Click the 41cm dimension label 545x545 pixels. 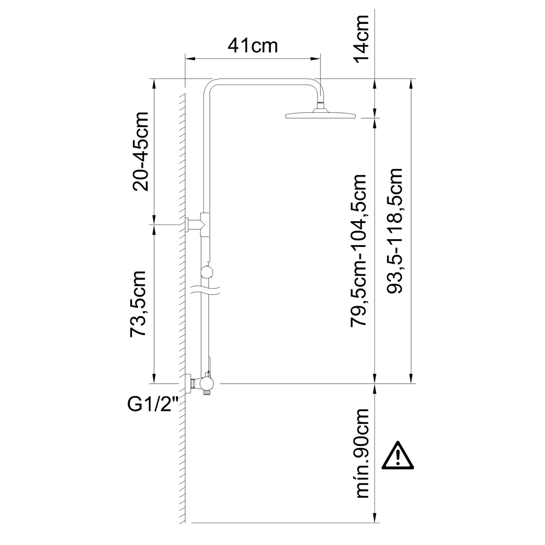(253, 46)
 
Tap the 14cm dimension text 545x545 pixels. (361, 39)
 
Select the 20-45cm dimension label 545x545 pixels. (141, 152)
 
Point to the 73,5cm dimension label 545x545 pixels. (137, 304)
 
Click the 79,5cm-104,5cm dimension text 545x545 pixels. (359, 250)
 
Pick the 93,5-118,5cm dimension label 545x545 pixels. (395, 231)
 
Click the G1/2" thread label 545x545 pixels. (153, 404)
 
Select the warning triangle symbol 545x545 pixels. (398, 456)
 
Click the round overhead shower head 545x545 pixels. (320, 115)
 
